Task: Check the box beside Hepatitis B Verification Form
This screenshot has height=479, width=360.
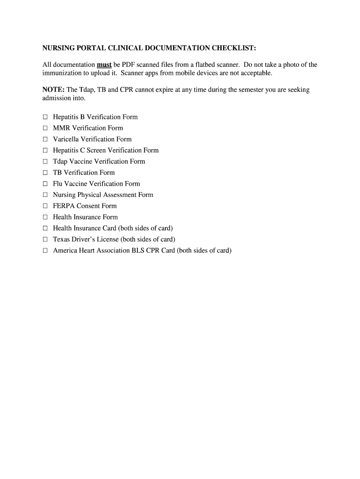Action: (x=45, y=117)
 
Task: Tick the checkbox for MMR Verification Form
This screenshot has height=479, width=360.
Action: (x=45, y=128)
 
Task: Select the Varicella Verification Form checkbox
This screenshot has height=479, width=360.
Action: (x=45, y=139)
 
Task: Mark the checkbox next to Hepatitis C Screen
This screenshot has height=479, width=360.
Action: (x=45, y=151)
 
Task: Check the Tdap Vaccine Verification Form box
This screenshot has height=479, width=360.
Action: (x=45, y=161)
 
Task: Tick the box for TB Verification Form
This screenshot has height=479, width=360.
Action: (x=45, y=173)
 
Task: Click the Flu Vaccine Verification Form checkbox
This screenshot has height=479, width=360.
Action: (x=45, y=184)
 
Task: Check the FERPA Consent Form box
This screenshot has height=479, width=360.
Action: (x=45, y=206)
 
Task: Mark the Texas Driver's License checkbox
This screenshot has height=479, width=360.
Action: (x=45, y=239)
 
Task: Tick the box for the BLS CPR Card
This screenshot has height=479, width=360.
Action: (x=45, y=251)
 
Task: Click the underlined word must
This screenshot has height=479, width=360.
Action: (x=104, y=65)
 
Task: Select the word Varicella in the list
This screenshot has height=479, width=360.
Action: (x=66, y=139)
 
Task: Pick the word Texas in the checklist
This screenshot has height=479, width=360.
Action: (x=62, y=239)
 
